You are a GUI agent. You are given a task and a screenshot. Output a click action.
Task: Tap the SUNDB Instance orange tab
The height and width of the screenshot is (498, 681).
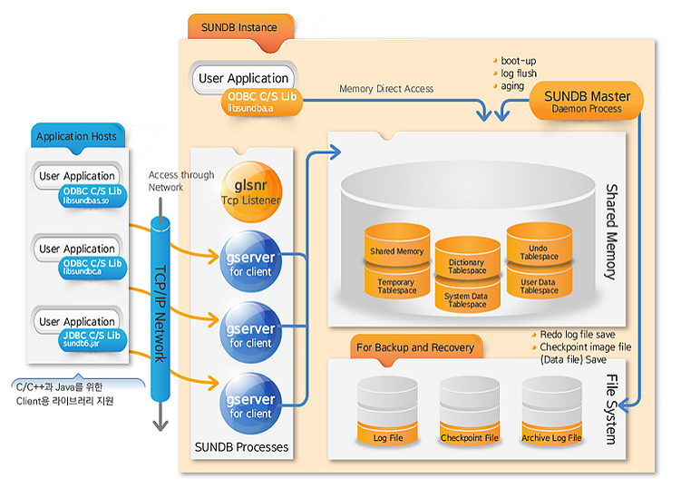[239, 28]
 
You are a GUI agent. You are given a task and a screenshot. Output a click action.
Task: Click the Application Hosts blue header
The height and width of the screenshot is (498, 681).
[76, 137]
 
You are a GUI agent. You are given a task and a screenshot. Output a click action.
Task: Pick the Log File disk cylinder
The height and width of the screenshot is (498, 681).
[388, 413]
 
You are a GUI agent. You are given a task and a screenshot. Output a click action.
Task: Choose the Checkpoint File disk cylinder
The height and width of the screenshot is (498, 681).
[469, 413]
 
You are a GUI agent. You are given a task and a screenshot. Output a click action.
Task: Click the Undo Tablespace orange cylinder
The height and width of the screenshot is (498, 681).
[539, 247]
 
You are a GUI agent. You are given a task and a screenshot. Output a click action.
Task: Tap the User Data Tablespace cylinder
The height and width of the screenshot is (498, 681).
[539, 285]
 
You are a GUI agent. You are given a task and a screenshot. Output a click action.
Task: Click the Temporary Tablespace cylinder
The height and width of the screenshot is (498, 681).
[396, 285]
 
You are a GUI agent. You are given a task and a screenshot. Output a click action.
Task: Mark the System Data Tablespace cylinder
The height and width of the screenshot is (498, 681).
[467, 298]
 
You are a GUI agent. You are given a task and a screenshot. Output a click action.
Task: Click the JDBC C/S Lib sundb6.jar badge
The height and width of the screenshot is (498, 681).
[92, 340]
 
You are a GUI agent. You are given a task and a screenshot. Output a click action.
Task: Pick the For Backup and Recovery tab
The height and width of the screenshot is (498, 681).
[414, 347]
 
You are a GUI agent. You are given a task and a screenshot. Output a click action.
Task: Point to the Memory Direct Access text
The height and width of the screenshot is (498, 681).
[386, 89]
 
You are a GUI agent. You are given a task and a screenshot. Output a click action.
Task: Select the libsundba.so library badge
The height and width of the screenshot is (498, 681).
[92, 195]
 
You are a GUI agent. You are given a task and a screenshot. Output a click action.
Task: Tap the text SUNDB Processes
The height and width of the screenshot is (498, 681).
[241, 447]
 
